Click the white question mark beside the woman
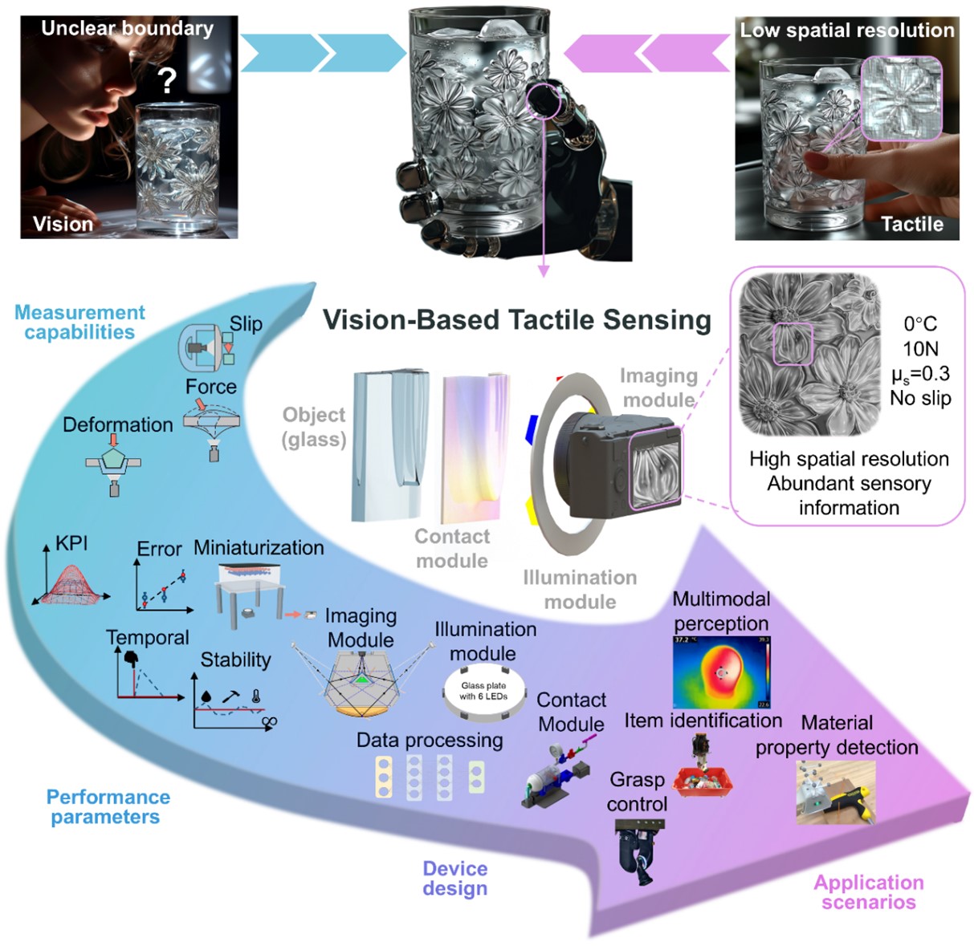coord(166,80)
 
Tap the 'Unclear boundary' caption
coord(127,28)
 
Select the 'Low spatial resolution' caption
coord(846,30)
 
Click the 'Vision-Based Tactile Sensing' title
coord(516,319)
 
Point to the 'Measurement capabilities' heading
coord(79,322)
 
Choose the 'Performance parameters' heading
coord(108,806)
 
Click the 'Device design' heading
coord(454,878)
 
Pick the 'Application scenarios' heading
coord(868,891)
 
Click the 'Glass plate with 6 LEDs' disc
coord(484,691)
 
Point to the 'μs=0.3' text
coord(920,373)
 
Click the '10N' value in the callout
coord(920,348)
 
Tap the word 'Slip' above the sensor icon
coord(246,323)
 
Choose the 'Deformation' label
coord(117,424)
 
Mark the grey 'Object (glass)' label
coord(313,426)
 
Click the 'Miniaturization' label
coord(259,547)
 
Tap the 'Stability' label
coord(235,660)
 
